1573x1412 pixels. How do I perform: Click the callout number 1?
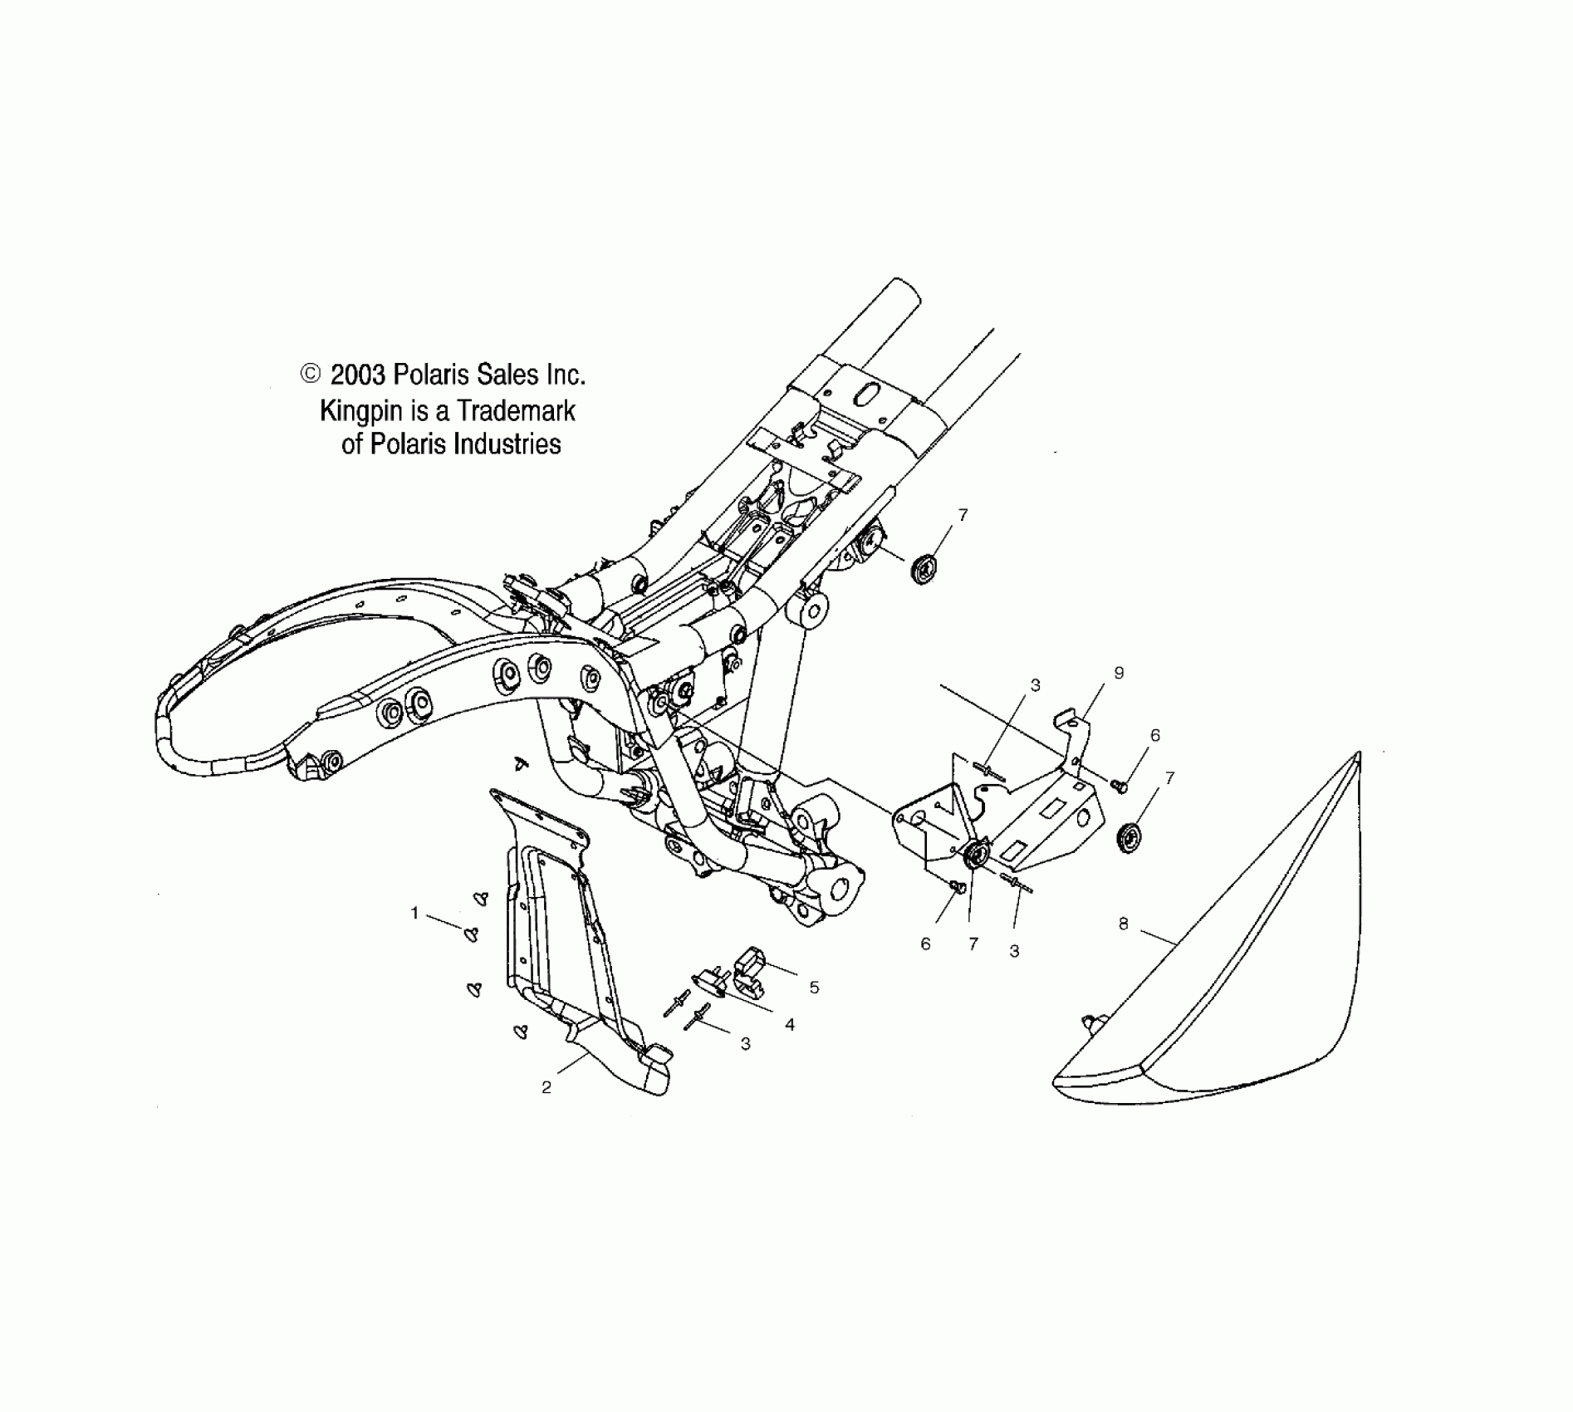tap(414, 914)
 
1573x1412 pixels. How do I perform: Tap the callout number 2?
tap(546, 1087)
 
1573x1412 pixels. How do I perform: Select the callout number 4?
tap(790, 1025)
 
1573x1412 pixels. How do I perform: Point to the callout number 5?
tap(814, 988)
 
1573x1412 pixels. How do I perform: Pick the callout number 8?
tap(1123, 923)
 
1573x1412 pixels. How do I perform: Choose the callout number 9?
tap(1119, 673)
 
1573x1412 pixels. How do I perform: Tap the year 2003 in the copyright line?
tap(358, 375)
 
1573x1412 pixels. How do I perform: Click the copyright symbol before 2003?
tap(310, 375)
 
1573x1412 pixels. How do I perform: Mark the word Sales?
tap(497, 375)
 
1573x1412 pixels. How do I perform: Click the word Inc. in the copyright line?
tap(566, 375)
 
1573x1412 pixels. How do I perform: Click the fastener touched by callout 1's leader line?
tap(472, 934)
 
